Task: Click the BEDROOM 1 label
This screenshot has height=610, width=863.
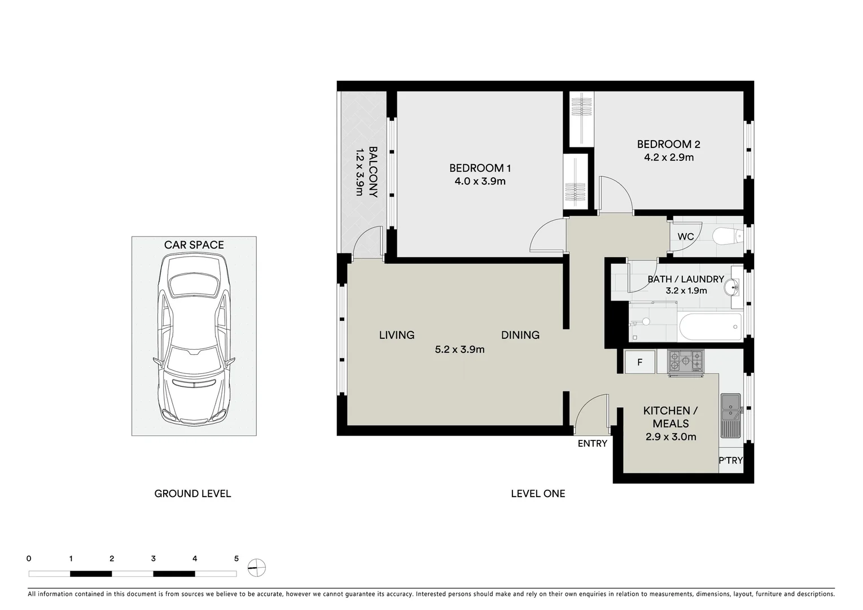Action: pos(480,168)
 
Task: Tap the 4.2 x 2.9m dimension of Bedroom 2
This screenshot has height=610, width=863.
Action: pos(669,158)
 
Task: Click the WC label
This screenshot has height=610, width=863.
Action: pos(685,237)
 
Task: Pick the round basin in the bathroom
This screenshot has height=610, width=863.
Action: pos(735,287)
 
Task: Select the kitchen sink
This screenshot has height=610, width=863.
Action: pos(731,416)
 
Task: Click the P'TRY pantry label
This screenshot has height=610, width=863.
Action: pos(730,461)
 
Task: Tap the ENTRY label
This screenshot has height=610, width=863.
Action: pos(592,444)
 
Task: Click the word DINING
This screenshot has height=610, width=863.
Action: pos(520,335)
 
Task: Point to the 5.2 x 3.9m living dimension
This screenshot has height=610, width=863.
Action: pos(459,350)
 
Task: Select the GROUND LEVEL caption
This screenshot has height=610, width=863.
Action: pos(192,494)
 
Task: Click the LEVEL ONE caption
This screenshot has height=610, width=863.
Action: pos(537,494)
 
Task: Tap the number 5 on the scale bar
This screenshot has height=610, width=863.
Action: pos(236,559)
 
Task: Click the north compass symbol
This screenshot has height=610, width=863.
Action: pos(257,567)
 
